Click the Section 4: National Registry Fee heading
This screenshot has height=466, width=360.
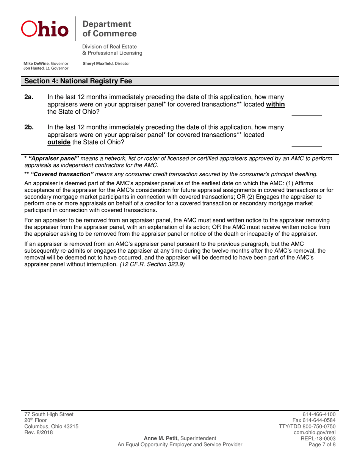pos(78,81)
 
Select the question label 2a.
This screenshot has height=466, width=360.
pos(29,97)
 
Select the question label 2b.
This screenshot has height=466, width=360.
pos(29,128)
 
